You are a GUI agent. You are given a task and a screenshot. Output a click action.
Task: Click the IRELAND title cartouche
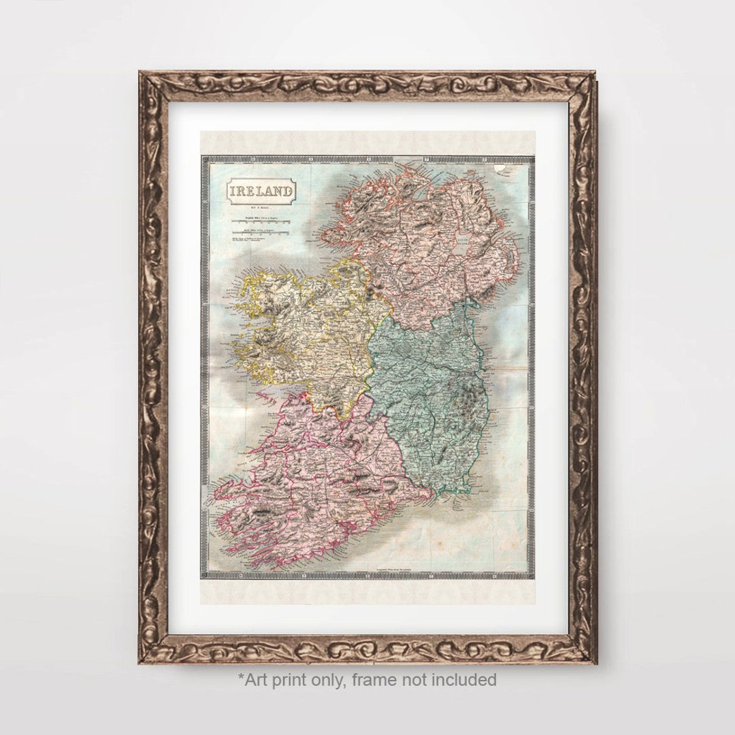point(261,191)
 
